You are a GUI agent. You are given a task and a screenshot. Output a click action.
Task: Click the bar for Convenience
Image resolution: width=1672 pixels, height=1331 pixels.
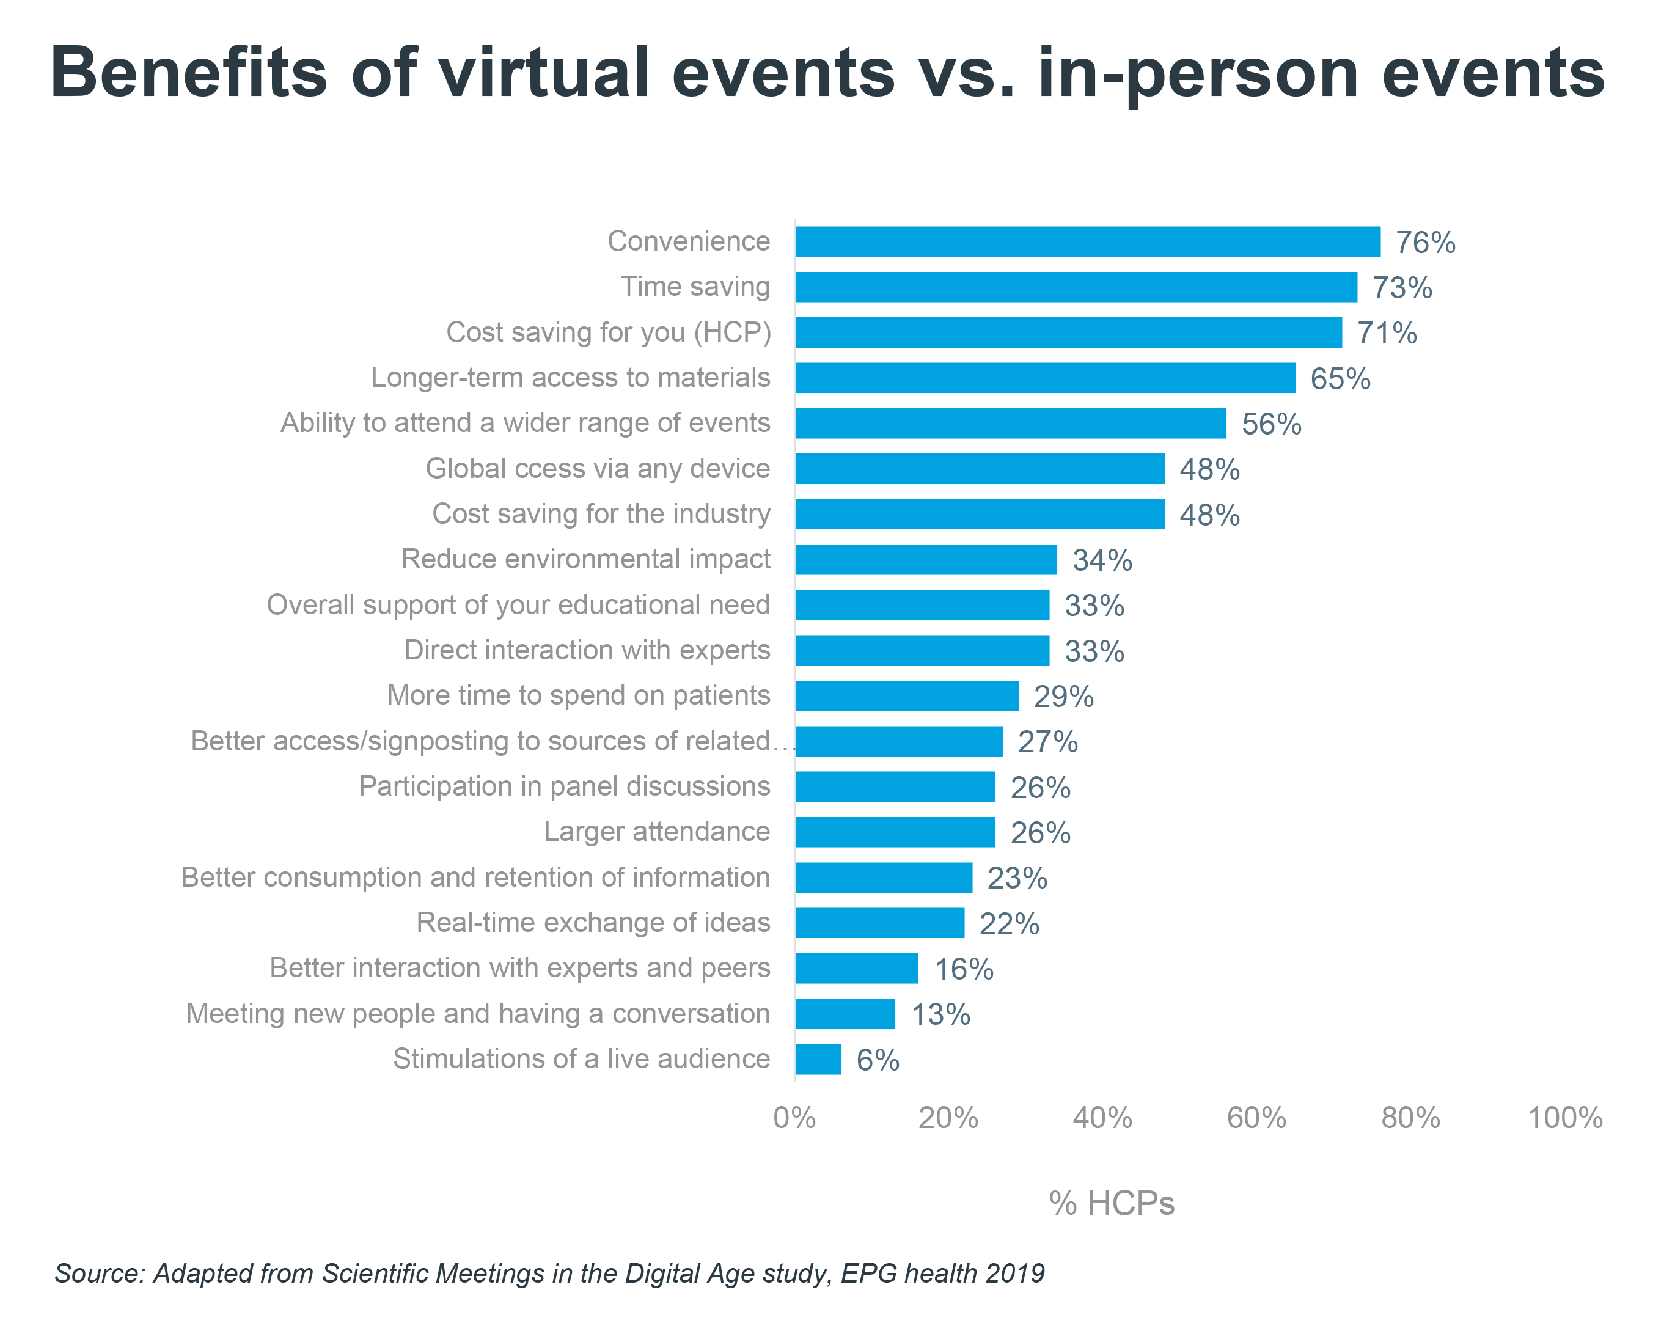pos(1087,241)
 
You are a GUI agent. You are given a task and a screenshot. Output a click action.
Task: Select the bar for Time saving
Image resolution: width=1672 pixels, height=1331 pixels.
pos(1076,287)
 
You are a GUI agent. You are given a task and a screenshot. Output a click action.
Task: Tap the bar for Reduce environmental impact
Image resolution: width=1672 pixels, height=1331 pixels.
pos(926,559)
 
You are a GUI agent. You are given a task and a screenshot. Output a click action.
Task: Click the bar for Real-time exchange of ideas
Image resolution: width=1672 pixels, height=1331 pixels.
pos(879,923)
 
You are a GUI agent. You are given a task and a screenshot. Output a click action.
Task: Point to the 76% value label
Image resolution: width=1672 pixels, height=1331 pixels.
pos(1425,243)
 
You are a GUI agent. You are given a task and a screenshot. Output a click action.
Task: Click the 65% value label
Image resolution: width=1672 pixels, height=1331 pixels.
pos(1340,378)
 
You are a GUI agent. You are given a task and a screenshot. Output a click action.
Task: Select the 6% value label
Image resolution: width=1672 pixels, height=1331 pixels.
pos(878,1060)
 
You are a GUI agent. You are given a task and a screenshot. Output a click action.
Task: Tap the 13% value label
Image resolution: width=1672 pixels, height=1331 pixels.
pos(941,1014)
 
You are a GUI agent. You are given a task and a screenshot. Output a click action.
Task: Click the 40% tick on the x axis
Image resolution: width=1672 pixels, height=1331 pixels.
pos(1102,1118)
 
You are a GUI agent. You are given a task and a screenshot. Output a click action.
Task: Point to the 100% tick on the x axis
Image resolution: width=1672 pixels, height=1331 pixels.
pos(1564,1118)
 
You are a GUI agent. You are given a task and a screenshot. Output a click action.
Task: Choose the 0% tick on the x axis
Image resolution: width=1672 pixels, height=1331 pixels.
pos(795,1118)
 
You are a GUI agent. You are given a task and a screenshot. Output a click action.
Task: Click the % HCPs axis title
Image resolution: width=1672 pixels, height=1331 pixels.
pos(1112,1203)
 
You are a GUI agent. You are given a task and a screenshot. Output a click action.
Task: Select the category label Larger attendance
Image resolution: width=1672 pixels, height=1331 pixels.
pos(656,832)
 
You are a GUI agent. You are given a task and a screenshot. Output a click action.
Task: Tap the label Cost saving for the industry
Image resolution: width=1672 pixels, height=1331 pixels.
pos(601,513)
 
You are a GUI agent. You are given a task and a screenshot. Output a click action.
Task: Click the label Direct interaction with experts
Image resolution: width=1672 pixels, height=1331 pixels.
pos(587,650)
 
